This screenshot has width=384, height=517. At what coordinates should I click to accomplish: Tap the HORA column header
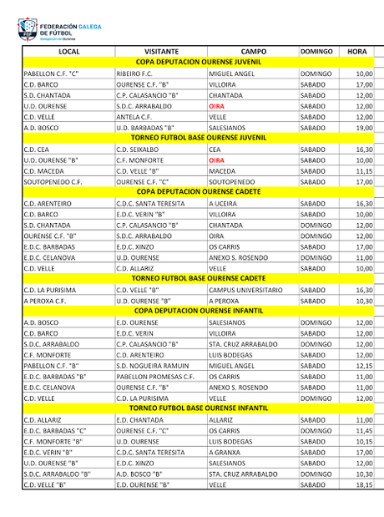click(x=356, y=52)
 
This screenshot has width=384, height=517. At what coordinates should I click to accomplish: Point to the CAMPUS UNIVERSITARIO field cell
click(x=245, y=289)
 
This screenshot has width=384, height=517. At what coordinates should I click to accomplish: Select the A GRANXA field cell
click(x=225, y=452)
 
